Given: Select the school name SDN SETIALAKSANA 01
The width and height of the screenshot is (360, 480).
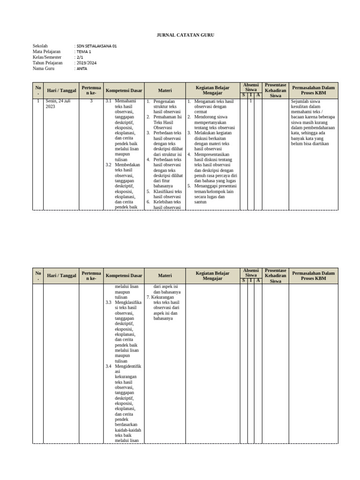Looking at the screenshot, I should coord(96,46).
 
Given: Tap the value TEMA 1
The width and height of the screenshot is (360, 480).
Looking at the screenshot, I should coord(84,52).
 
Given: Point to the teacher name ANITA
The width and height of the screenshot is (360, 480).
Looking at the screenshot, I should coord(82,68).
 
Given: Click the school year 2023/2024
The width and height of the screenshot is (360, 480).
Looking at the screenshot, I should coord(86,63).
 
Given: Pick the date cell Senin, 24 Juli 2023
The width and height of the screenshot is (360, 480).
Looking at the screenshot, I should coord(58,104).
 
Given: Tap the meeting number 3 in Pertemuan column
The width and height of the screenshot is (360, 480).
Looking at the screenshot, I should coord(91,101).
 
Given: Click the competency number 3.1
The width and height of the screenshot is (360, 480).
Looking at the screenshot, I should coord(108,101).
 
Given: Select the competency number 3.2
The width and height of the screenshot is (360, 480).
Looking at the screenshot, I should coord(108,165).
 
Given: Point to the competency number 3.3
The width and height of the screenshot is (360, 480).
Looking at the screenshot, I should coord(108,303).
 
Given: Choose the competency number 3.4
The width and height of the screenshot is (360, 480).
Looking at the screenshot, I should coord(108,366).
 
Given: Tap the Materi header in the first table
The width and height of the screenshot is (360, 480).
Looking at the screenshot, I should coord(165,90).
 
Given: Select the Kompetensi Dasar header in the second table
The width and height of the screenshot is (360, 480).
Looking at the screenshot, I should coord(124,276).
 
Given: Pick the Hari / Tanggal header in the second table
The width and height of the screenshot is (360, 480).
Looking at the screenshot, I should coord(61,276).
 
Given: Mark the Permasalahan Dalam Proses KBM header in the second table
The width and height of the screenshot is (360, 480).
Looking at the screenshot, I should coord(313,276).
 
